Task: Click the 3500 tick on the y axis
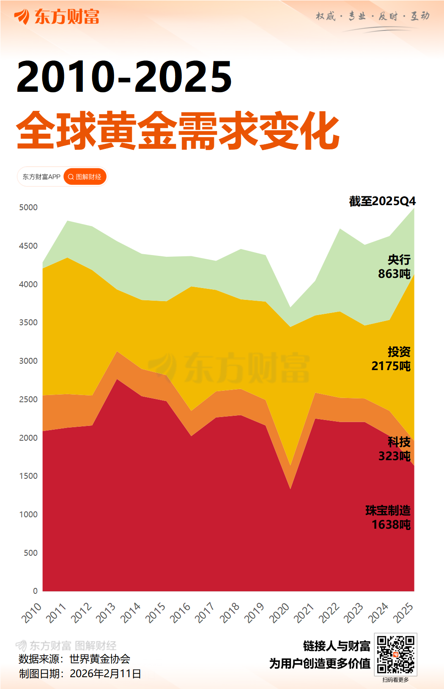(28, 322)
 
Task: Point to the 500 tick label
(30, 553)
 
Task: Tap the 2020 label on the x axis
(280, 612)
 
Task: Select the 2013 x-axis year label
(106, 612)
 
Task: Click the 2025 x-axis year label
(403, 612)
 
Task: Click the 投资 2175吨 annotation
(392, 359)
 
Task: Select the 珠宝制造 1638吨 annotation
(389, 517)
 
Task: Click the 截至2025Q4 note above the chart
(382, 201)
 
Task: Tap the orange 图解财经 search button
(85, 177)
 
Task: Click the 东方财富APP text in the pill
(41, 177)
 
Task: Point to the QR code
(395, 654)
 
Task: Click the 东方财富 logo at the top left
(57, 17)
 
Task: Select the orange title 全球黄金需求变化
(178, 131)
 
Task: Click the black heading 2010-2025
(124, 77)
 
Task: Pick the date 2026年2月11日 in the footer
(105, 673)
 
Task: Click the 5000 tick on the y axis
(28, 207)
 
